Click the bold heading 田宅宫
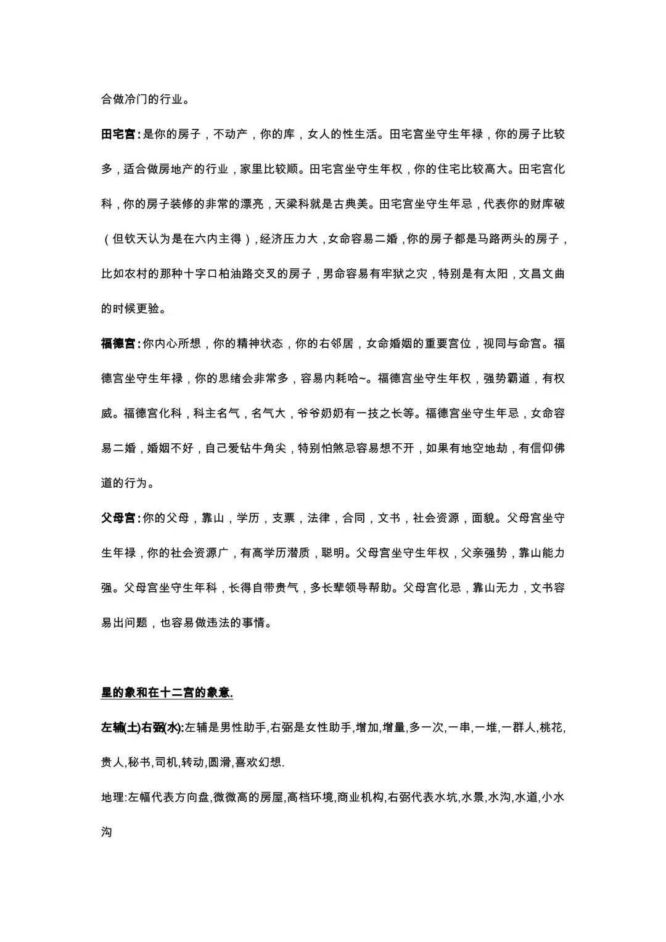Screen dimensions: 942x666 coord(118,134)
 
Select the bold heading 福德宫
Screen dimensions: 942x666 coord(118,343)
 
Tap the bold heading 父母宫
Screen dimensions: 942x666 coord(118,518)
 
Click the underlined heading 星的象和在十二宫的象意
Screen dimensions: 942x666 coord(166,692)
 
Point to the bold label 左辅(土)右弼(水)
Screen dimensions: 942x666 coord(142,727)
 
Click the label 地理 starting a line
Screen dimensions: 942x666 coord(112,797)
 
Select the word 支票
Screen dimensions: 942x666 coord(284,518)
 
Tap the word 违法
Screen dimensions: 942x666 coord(218,623)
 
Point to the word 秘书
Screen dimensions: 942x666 coord(139,763)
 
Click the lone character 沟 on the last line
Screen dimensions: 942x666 coord(107,832)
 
